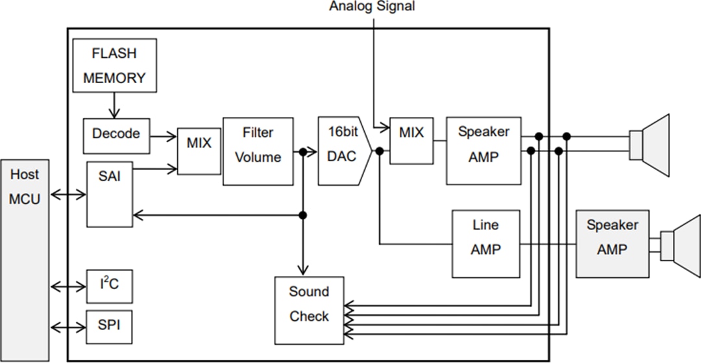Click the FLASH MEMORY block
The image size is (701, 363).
pos(114,66)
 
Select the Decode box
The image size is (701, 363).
pos(116,134)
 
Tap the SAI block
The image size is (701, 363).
pos(110,194)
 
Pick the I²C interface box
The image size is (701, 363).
pos(110,286)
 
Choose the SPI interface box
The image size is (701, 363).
pos(110,324)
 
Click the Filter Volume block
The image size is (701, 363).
pos(258,151)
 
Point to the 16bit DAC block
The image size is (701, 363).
pos(342,151)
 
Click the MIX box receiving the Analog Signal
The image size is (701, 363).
pos(411,141)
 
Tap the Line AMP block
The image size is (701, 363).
pos(486,244)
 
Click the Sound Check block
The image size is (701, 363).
pos(309,310)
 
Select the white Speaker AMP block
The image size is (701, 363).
pos(484,151)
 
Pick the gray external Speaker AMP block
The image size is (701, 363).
pos(612,244)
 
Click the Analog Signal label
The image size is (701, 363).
pos(372,6)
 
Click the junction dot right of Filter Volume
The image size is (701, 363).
pos(302,152)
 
